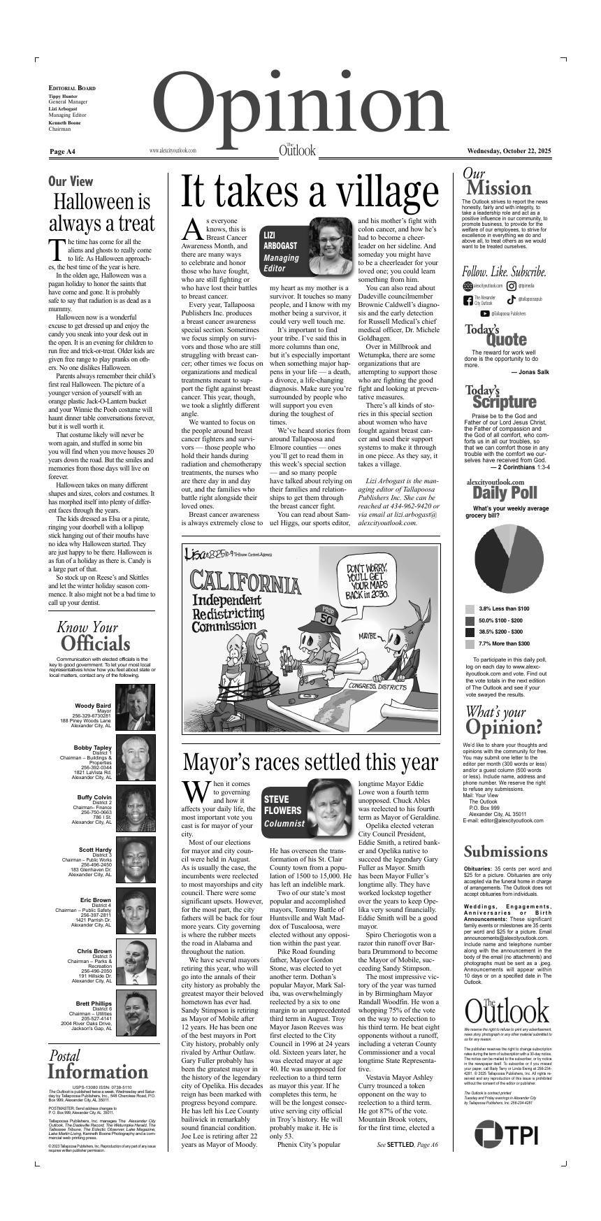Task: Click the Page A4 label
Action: tap(63, 152)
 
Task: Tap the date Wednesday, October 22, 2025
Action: tap(509, 151)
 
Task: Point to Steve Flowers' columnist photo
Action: tap(330, 806)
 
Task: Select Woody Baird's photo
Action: tap(136, 707)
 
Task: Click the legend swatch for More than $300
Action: tap(470, 643)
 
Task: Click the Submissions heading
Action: tap(505, 852)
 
